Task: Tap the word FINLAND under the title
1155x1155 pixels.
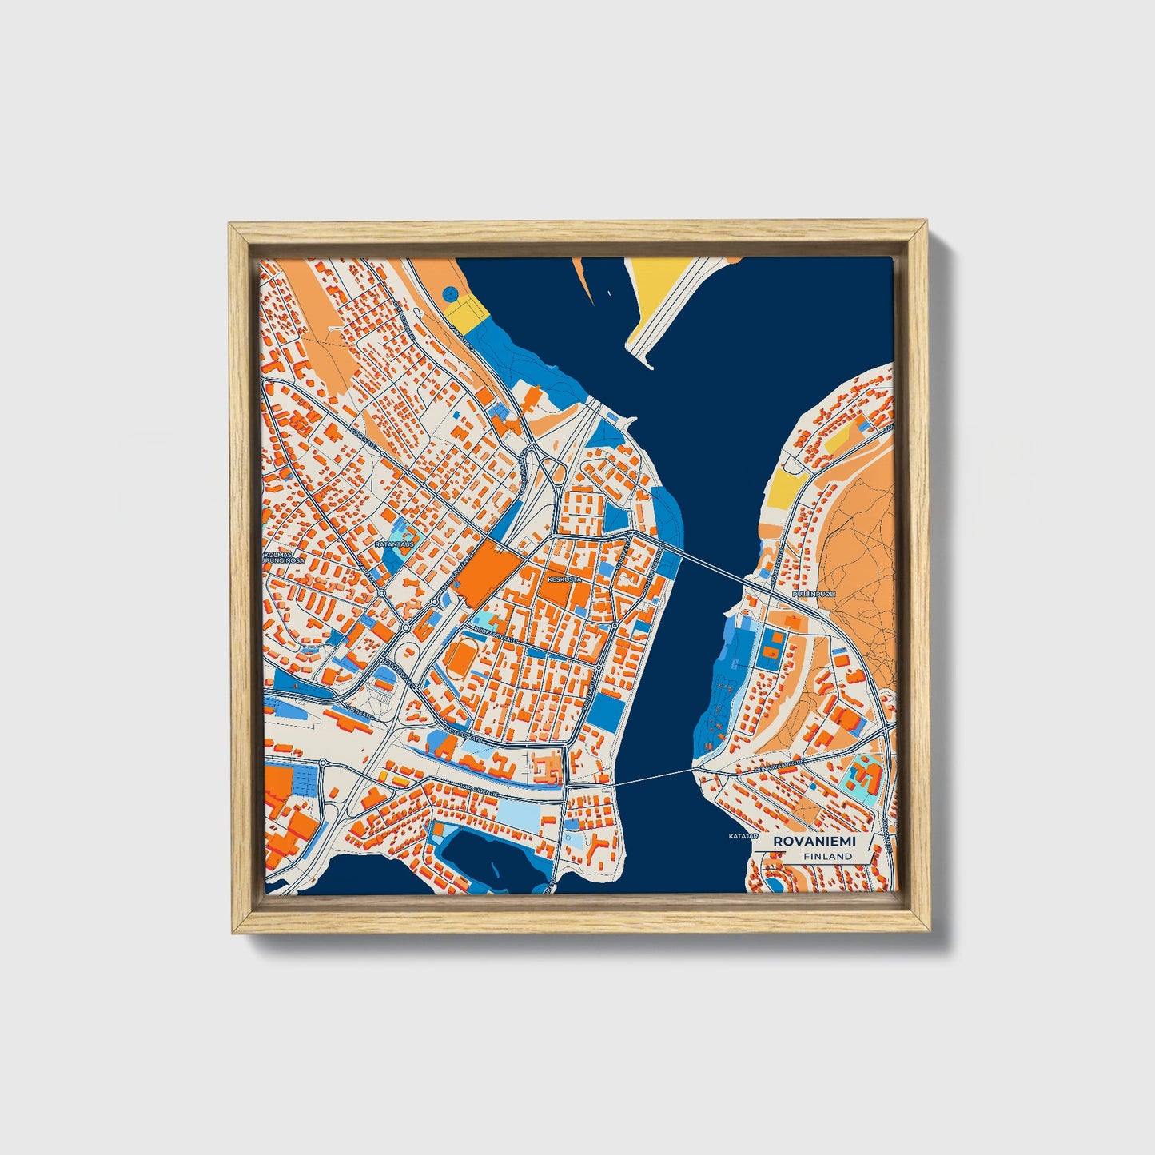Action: point(828,856)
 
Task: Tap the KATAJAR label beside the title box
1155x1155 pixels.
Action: point(742,837)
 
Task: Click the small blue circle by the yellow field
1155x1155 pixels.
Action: point(449,293)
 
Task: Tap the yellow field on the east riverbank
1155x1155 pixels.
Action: point(786,485)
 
